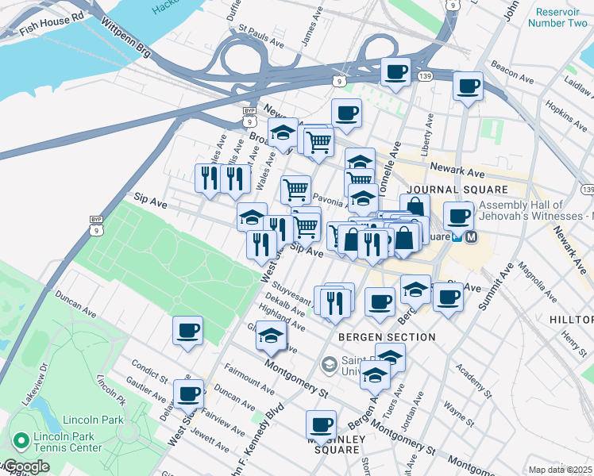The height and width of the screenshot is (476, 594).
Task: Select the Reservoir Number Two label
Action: click(561, 17)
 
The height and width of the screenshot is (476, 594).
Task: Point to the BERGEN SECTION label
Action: click(387, 337)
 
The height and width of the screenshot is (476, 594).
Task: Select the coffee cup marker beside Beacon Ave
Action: click(468, 86)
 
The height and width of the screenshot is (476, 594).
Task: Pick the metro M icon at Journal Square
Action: click(471, 236)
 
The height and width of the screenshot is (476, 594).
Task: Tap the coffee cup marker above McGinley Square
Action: click(322, 424)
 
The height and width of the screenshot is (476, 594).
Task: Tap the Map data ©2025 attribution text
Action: click(560, 470)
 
